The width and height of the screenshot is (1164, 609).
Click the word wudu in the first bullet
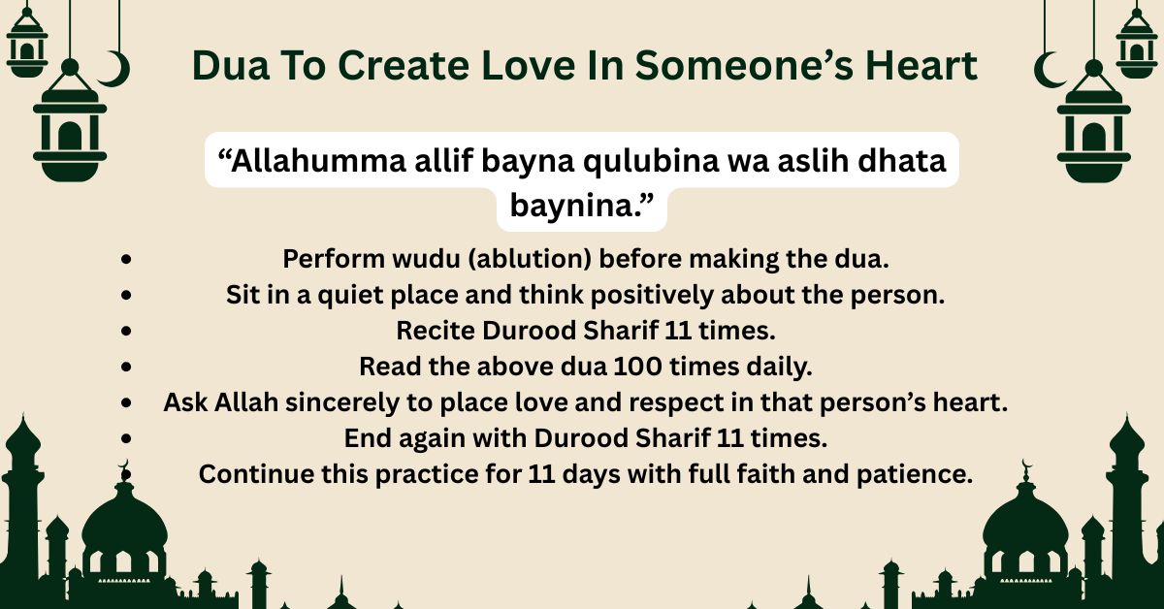point(448,260)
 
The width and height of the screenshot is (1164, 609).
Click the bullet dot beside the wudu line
point(127,260)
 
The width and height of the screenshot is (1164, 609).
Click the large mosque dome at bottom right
point(1025,529)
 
